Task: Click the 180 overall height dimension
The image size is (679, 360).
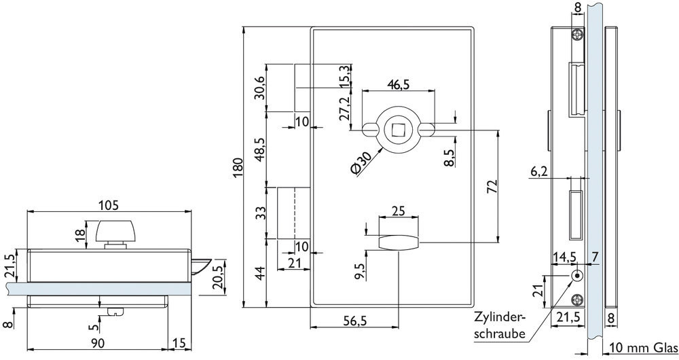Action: click(x=238, y=168)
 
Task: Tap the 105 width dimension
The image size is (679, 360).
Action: click(x=108, y=205)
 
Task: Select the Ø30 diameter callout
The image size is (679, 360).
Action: click(x=361, y=164)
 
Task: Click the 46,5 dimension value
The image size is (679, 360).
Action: click(x=399, y=85)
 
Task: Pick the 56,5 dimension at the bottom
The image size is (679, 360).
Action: click(x=355, y=321)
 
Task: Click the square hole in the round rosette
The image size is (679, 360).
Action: click(x=397, y=129)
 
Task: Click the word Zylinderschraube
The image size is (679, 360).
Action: click(x=500, y=325)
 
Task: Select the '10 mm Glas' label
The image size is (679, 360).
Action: click(x=644, y=348)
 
